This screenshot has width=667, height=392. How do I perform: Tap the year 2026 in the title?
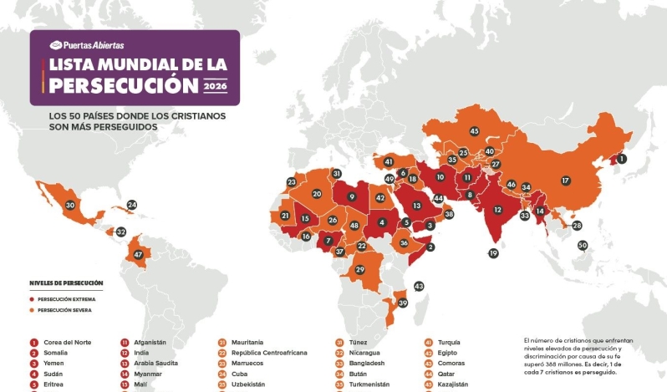(x=216, y=85)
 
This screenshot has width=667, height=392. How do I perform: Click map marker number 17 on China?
(x=565, y=181)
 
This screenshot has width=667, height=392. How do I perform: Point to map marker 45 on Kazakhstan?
(x=474, y=131)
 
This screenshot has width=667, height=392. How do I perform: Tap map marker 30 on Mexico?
(x=70, y=205)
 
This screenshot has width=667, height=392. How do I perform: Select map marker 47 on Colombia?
(x=138, y=254)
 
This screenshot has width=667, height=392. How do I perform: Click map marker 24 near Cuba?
(x=132, y=205)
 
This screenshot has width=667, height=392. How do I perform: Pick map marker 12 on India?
(x=497, y=210)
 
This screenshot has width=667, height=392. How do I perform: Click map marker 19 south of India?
(x=493, y=253)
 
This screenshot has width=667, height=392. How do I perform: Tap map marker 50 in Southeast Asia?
(x=583, y=245)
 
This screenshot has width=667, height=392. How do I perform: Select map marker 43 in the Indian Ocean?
(x=419, y=286)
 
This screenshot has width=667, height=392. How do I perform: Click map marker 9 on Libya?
(x=352, y=197)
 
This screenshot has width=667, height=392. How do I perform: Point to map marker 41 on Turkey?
(x=389, y=161)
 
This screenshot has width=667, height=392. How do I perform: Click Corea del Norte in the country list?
(x=69, y=342)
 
